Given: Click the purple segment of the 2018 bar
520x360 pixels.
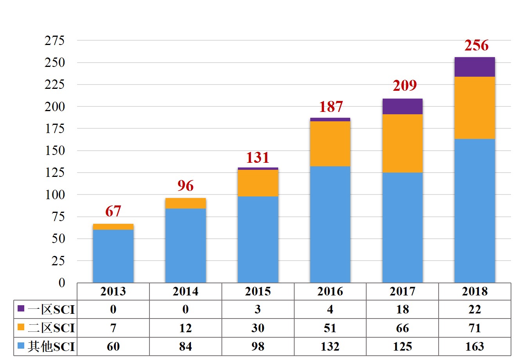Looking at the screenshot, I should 475,67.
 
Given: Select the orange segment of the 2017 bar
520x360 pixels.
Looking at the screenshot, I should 402,143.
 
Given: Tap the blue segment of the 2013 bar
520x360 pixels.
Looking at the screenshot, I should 113,256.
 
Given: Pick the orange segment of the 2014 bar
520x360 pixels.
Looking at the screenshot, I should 185,203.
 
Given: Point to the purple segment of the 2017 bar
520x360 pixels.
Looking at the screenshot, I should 402,106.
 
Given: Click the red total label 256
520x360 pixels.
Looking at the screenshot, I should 476,45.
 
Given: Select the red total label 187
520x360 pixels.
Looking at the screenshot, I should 331,106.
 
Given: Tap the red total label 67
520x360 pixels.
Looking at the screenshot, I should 113,211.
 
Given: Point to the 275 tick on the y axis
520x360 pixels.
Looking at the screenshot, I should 54,40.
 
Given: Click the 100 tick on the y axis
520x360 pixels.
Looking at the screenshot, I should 54,194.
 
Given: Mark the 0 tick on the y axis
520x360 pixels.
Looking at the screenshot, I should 61,283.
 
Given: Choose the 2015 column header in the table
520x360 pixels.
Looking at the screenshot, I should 258,292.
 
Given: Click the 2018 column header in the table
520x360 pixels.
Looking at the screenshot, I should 475,292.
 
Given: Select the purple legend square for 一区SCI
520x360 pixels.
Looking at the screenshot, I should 21,309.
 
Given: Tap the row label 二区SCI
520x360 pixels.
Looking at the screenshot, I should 51,328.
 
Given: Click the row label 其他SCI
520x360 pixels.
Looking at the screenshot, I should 51,346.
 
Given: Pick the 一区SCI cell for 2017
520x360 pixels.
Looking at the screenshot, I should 402,310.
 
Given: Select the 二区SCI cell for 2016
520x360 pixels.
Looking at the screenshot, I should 330,328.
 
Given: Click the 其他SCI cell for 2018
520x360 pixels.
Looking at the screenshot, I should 475,346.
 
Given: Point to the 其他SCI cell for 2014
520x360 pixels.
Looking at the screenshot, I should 185,346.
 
